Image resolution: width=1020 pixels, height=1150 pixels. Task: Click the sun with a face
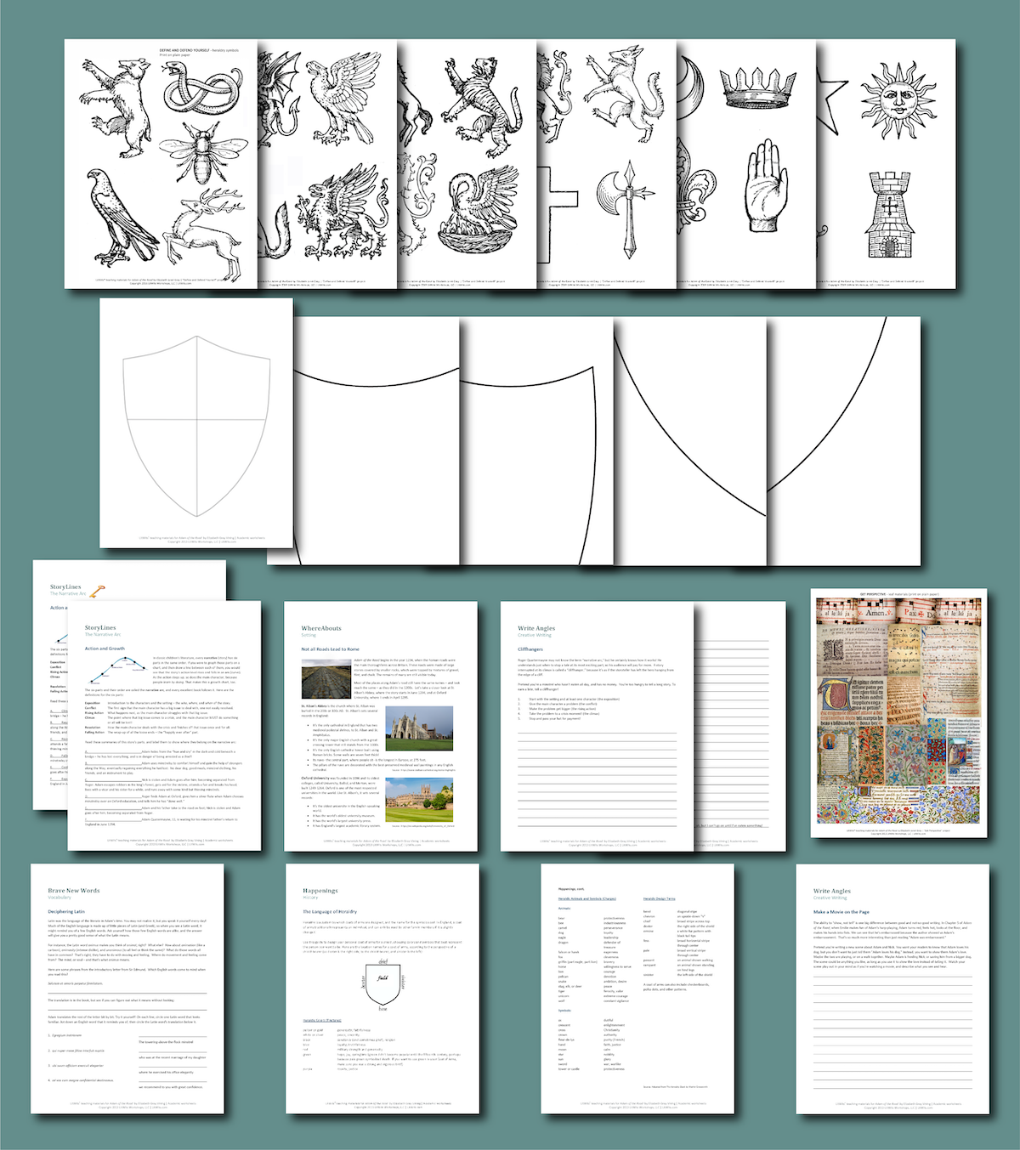(x=898, y=102)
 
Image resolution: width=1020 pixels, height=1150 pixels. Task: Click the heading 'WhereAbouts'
(x=321, y=628)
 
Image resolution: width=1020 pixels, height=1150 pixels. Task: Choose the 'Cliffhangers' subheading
(x=530, y=649)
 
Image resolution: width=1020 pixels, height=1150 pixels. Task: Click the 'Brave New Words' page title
(x=73, y=890)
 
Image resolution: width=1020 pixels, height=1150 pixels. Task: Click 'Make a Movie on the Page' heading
(x=841, y=911)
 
